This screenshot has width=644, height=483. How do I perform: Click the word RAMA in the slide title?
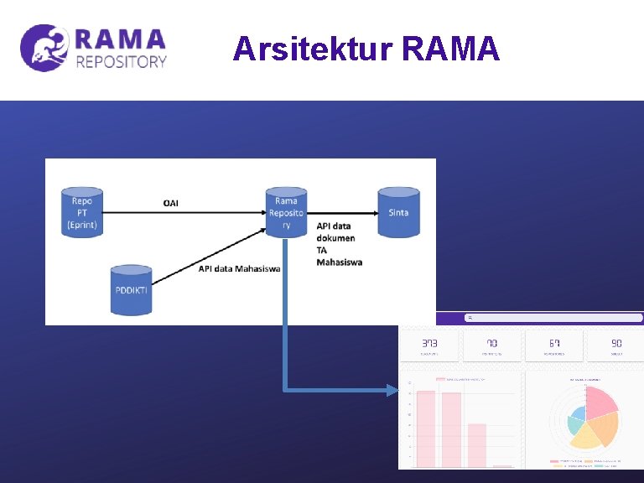[451, 49]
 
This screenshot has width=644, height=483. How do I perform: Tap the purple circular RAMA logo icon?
[44, 48]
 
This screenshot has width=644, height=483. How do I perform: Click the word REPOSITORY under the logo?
[122, 61]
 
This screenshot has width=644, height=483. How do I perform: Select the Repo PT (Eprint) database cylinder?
[82, 212]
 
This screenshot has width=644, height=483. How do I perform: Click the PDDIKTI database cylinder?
[131, 290]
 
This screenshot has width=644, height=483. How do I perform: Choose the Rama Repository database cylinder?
[286, 212]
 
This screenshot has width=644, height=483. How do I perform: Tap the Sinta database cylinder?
[398, 212]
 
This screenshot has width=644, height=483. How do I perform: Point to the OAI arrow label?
[170, 203]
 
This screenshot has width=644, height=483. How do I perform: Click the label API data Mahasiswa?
[239, 268]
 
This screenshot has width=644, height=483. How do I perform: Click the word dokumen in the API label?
[336, 238]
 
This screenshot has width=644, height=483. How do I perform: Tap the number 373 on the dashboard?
[429, 343]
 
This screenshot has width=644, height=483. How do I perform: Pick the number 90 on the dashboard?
[616, 343]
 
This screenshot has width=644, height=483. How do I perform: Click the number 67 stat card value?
[554, 343]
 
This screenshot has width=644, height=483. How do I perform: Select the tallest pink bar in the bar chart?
[426, 428]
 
